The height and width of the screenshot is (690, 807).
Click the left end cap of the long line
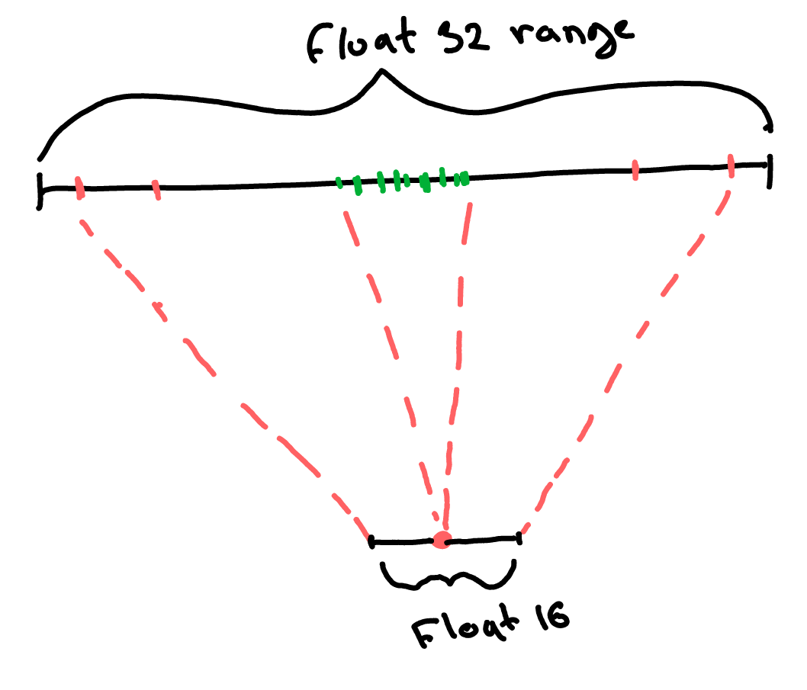click(40, 190)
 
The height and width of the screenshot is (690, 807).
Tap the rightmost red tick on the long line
click(730, 165)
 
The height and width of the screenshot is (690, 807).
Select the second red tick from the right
click(635, 171)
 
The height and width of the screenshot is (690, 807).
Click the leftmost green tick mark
click(339, 182)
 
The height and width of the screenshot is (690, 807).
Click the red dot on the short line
click(441, 541)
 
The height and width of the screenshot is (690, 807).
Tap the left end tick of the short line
click(371, 542)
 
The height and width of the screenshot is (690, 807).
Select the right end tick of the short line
click(519, 538)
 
